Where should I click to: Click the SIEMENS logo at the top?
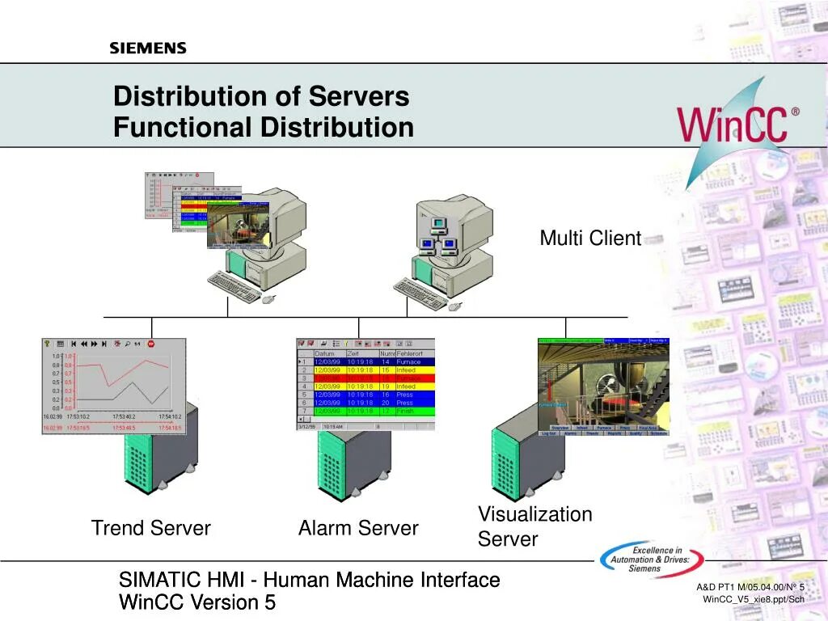tap(148, 49)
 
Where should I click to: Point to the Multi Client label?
tap(590, 239)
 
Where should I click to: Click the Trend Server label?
tap(151, 529)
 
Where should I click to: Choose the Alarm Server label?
tap(358, 529)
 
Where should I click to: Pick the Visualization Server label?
tap(534, 526)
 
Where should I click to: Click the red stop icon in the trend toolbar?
tap(150, 344)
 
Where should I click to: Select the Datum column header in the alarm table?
tap(324, 353)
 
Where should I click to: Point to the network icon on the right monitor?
tap(438, 234)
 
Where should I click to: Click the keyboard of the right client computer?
tap(420, 294)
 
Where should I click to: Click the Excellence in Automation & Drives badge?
tap(651, 557)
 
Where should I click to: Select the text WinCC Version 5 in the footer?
tap(197, 602)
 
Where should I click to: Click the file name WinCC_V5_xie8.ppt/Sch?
tap(753, 599)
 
